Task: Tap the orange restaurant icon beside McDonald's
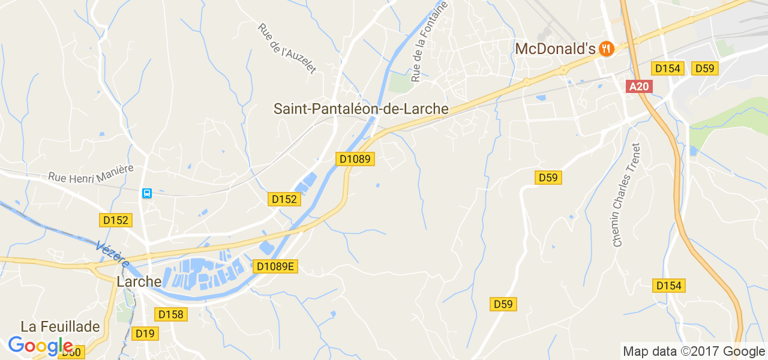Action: [x=606, y=49]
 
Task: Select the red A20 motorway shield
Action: [x=640, y=86]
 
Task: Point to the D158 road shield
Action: [x=171, y=314]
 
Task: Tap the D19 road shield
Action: [x=145, y=334]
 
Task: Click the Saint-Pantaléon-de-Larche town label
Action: [x=361, y=109]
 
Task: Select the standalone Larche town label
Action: [x=139, y=281]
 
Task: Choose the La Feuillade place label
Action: [x=60, y=326]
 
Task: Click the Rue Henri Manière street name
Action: [x=91, y=174]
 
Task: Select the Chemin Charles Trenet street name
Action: [x=626, y=195]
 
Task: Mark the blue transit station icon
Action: [x=147, y=193]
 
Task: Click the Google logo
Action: [x=41, y=346]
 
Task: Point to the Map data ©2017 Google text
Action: [x=694, y=351]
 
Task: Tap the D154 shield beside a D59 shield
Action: [x=667, y=68]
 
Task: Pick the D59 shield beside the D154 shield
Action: [x=704, y=68]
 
